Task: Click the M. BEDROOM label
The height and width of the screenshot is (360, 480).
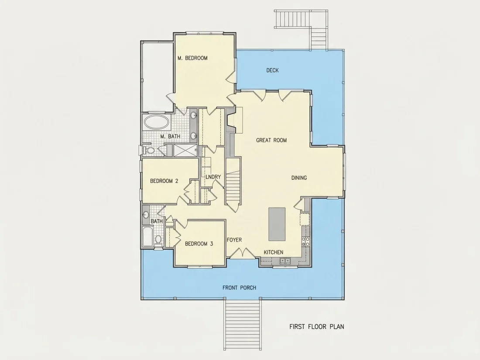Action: pyautogui.click(x=192, y=58)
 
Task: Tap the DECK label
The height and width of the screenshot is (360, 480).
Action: pyautogui.click(x=272, y=70)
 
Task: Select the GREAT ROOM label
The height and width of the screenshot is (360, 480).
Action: pyautogui.click(x=271, y=140)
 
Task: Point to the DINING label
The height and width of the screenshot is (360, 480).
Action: pyautogui.click(x=299, y=178)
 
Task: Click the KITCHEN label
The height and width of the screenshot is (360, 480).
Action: pyautogui.click(x=274, y=252)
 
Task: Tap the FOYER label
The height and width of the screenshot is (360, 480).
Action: pyautogui.click(x=234, y=240)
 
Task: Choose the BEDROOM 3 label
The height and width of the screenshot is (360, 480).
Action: pyautogui.click(x=199, y=243)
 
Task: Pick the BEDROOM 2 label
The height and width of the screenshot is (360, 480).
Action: pyautogui.click(x=164, y=181)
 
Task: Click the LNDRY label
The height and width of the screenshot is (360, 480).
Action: pyautogui.click(x=213, y=177)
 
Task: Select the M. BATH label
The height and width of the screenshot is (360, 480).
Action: pyautogui.click(x=170, y=136)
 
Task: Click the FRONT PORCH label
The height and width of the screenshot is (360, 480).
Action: pyautogui.click(x=240, y=288)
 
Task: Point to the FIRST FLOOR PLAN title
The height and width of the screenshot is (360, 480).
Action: pyautogui.click(x=317, y=327)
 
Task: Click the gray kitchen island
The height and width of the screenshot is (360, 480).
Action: pyautogui.click(x=277, y=224)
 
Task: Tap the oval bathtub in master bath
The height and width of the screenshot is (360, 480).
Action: pyautogui.click(x=156, y=122)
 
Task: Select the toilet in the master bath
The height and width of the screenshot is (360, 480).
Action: pyautogui.click(x=150, y=150)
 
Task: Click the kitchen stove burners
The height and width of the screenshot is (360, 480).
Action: pyautogui.click(x=305, y=242)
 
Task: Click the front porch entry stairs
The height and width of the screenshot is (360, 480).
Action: pyautogui.click(x=243, y=325)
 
